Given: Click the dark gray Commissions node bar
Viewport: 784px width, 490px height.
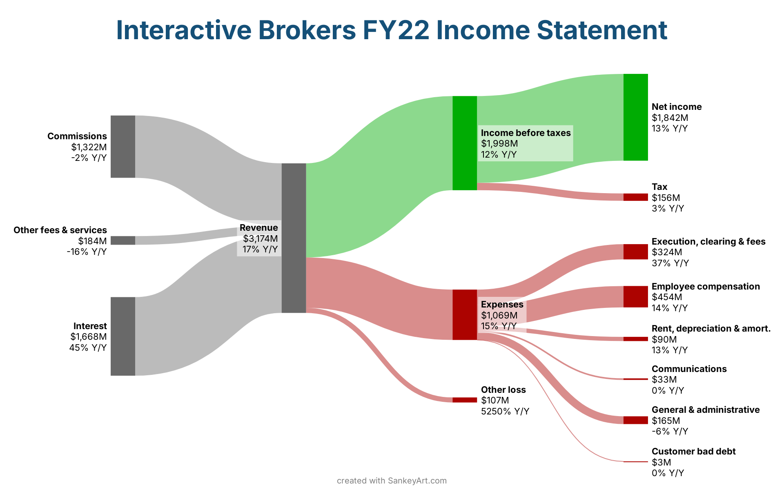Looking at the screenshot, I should [x=122, y=147].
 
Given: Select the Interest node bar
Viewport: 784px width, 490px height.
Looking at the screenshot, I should [x=122, y=336].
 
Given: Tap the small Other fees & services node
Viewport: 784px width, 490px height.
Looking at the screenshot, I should [x=122, y=241].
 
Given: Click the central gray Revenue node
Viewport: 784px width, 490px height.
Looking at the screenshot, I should [x=294, y=238].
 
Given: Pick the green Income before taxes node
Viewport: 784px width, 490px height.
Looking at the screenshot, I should [x=465, y=143].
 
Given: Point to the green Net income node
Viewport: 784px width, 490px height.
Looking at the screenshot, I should [x=635, y=117].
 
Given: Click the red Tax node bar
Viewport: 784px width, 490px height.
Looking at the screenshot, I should [x=635, y=197].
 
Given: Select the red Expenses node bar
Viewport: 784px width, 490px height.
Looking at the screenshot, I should [x=465, y=314].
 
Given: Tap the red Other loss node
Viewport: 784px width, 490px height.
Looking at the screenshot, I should [x=465, y=400].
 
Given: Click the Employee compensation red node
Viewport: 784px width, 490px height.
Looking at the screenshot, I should [x=635, y=296].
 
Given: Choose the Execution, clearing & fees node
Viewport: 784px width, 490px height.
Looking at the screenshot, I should [x=635, y=252].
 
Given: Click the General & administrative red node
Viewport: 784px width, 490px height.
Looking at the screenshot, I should [x=635, y=420].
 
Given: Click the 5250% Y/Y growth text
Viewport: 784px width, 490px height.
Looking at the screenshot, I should [x=505, y=411].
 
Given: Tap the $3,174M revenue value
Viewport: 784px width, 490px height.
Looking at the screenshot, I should [x=260, y=238].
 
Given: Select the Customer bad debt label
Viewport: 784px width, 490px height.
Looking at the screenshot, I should [x=693, y=451].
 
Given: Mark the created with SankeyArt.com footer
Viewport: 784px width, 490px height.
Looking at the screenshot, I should [x=392, y=481].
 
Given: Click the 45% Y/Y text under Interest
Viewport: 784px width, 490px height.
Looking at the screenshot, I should [x=88, y=347].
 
